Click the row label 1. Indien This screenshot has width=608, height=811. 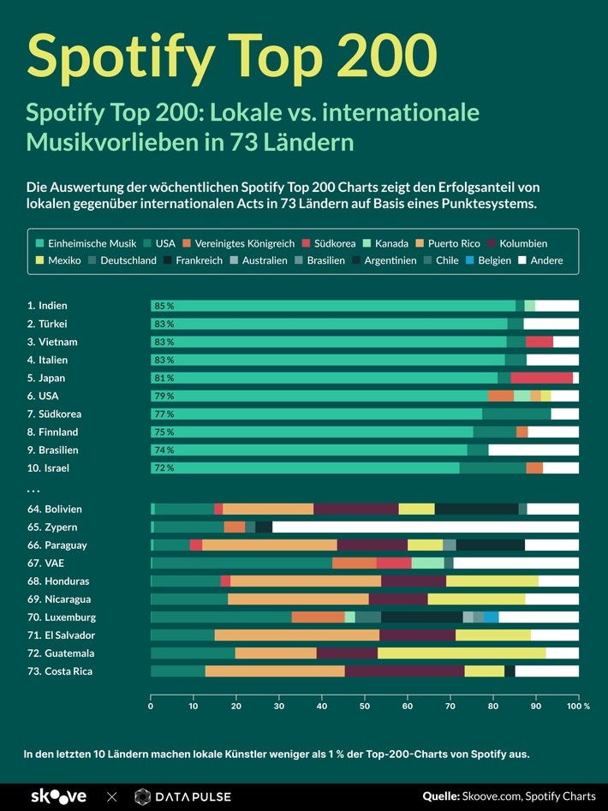pos(47,306)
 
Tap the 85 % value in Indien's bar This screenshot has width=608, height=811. pos(164,306)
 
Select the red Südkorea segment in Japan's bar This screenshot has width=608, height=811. pos(541,378)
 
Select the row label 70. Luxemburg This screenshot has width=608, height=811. pos(61,617)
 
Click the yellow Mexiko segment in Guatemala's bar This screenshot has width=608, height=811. pos(462,653)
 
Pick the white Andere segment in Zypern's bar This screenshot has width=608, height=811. pos(426,528)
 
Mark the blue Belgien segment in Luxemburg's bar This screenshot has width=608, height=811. pos(492,617)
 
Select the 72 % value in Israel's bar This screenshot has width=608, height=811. pos(164,468)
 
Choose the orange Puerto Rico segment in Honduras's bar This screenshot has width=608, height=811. pos(306,581)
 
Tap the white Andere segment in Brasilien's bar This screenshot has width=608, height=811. pos(533,450)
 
